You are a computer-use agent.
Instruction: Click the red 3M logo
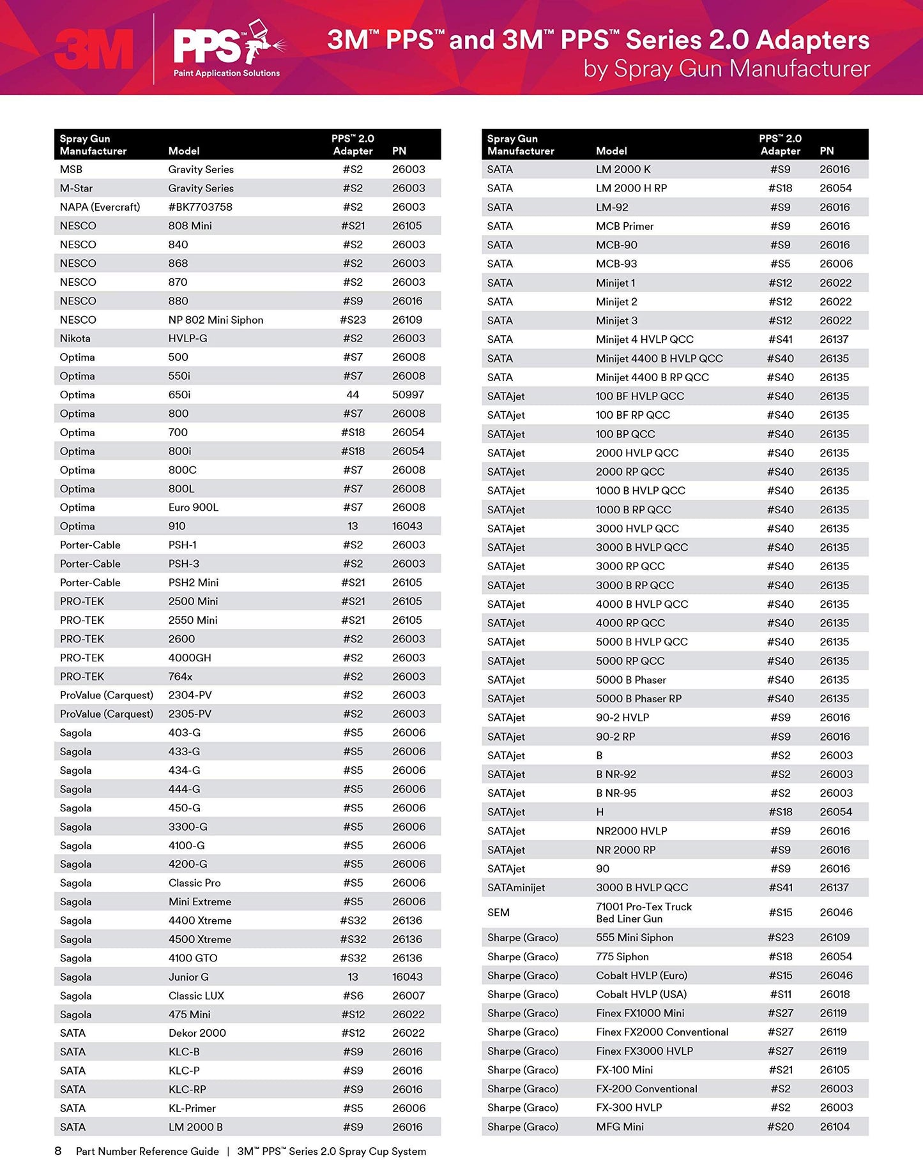[x=94, y=49]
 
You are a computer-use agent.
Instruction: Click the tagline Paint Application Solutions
[x=227, y=73]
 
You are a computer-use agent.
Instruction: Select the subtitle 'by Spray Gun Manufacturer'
[x=726, y=69]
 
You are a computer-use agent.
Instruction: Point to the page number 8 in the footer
[x=58, y=1151]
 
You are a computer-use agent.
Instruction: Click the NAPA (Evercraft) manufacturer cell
[x=100, y=207]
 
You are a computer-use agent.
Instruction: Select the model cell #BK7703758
[x=200, y=207]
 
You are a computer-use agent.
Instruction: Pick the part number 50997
[x=408, y=395]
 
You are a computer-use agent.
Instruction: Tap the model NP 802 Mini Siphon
[x=215, y=320]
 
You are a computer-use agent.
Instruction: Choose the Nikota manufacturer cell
[x=75, y=338]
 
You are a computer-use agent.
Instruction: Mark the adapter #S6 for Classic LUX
[x=353, y=995]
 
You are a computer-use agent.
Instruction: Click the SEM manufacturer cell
[x=498, y=912]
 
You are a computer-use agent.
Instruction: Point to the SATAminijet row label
[x=515, y=887]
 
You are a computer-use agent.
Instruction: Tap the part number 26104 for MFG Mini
[x=834, y=1127]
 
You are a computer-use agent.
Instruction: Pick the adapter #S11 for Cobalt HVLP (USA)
[x=780, y=994]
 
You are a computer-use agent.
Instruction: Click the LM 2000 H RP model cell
[x=631, y=188]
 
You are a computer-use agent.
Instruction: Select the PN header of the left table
[x=399, y=151]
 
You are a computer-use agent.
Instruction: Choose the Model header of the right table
[x=611, y=151]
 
